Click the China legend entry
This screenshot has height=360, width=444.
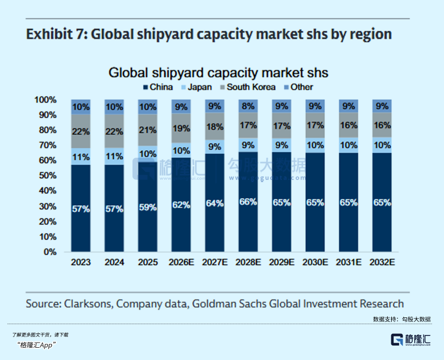(x=158, y=87)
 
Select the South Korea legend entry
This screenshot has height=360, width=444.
(x=248, y=87)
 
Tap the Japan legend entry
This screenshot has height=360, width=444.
(x=196, y=87)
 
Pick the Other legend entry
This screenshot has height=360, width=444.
(x=298, y=87)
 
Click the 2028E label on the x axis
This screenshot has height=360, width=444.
(x=248, y=262)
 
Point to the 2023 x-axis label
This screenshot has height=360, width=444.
(x=81, y=262)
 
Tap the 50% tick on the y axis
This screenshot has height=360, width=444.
(x=48, y=176)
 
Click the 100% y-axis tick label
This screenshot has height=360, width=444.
(x=46, y=100)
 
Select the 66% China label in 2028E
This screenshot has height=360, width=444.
(x=248, y=202)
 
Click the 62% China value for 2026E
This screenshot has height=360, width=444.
(x=181, y=205)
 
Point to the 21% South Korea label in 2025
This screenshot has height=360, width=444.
(x=148, y=130)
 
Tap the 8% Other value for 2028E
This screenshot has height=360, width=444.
(x=248, y=107)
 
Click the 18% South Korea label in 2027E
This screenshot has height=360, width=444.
(x=215, y=126)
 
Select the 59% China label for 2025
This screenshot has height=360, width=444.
(x=148, y=207)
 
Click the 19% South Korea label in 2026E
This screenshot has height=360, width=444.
(x=181, y=129)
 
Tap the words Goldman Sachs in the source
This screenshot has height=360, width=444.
(x=230, y=304)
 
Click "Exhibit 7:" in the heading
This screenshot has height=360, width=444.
(x=57, y=34)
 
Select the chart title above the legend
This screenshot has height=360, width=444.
(x=218, y=73)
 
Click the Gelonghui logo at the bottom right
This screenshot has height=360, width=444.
(x=411, y=340)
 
